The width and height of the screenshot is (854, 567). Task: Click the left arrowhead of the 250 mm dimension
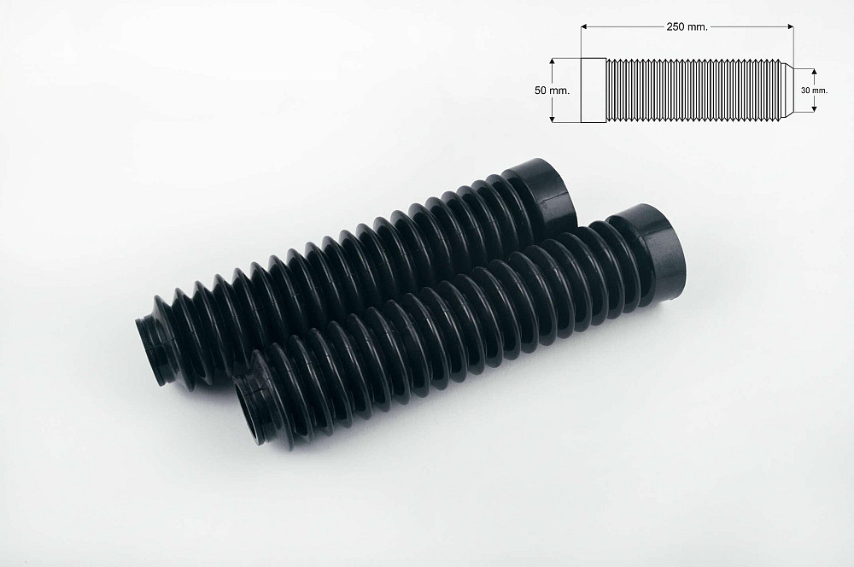[x=584, y=26]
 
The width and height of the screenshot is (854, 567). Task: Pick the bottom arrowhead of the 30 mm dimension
[x=814, y=108]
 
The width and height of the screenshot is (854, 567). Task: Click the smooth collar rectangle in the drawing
[x=594, y=90]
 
